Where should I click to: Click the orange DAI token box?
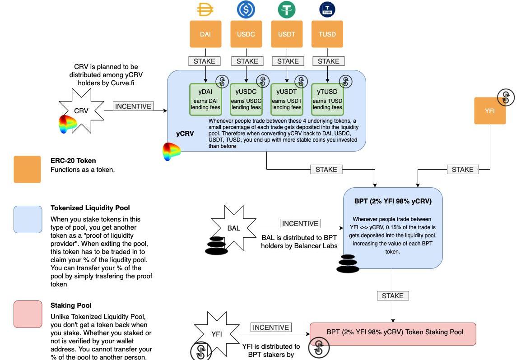205,34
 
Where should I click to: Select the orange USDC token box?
246,34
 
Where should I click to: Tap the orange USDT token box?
287,34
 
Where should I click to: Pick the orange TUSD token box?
327,34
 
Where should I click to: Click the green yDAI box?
205,99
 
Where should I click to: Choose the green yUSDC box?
246,99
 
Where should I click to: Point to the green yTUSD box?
327,99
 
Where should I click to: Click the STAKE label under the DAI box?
205,61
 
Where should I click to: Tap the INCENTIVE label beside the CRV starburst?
133,106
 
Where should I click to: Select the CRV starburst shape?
81,111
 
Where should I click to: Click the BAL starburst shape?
233,228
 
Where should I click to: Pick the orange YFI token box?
490,111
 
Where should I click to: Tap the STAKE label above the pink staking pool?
392,295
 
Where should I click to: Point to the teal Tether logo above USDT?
287,9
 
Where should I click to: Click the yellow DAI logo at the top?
205,9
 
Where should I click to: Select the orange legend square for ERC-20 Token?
27,169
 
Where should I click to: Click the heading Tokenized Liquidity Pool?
90,208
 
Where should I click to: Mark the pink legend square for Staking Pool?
28,314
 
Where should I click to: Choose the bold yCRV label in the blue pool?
185,134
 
